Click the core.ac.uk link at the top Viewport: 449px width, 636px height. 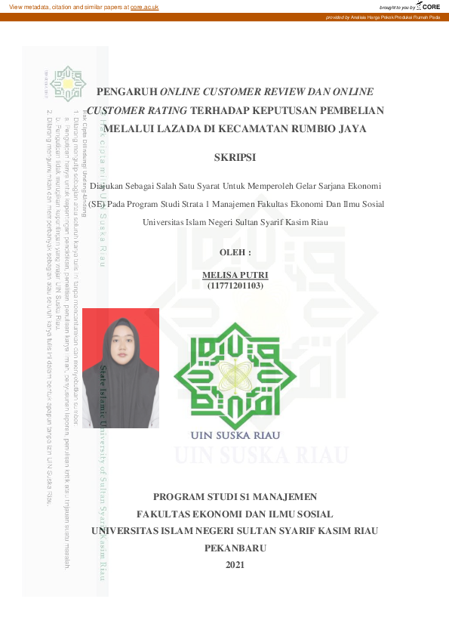pyautogui.click(x=143, y=6)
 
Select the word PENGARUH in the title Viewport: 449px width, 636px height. pyautogui.click(x=126, y=91)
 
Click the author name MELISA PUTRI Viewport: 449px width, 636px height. pyautogui.click(x=235, y=275)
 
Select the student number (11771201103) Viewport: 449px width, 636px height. pyautogui.click(x=235, y=286)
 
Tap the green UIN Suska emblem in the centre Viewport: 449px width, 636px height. pyautogui.click(x=235, y=374)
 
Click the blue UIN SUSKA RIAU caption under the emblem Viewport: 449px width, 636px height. pyautogui.click(x=235, y=436)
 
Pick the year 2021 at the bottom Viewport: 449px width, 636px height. pyautogui.click(x=235, y=564)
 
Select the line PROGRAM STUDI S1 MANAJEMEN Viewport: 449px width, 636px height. pyautogui.click(x=235, y=497)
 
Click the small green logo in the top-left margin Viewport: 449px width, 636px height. pyautogui.click(x=71, y=82)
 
